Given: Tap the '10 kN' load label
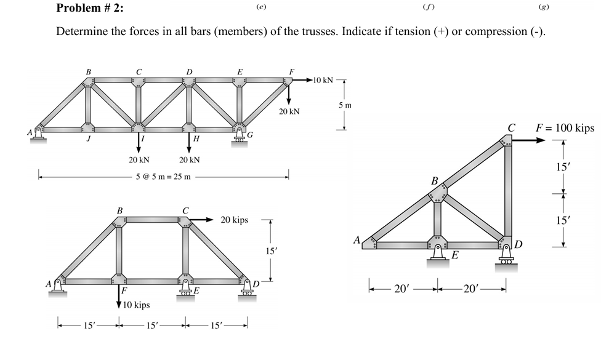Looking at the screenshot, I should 323,80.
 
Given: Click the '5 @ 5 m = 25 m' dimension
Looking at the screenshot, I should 164,177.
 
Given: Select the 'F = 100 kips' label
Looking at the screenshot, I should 565,128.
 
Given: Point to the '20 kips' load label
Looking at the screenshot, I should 234,220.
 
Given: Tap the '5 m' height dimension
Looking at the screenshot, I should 345,106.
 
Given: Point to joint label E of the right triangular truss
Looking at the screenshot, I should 454,254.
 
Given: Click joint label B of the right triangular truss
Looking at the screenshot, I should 434,182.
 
